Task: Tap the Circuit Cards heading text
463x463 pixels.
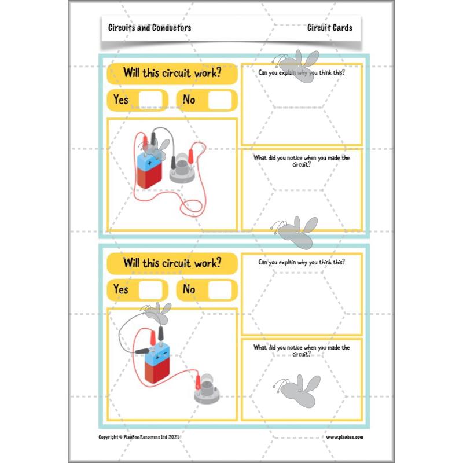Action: (330, 28)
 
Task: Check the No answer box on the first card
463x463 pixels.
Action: (220, 100)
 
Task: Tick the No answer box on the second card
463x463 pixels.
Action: (220, 289)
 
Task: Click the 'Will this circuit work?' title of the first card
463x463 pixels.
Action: (172, 74)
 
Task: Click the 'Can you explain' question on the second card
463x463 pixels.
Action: (302, 262)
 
